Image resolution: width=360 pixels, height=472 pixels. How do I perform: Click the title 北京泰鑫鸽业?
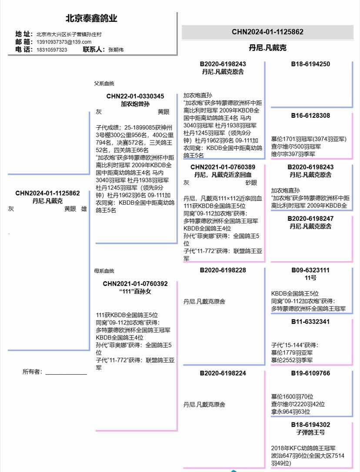(91, 19)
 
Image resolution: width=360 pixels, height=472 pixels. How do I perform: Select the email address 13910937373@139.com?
(64, 42)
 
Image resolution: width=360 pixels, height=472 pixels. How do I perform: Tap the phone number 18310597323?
(52, 50)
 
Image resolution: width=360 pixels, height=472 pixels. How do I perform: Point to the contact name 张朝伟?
(116, 50)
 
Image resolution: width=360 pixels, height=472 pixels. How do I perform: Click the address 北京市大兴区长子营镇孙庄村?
(69, 34)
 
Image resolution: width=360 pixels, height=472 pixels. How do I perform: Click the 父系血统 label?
(104, 83)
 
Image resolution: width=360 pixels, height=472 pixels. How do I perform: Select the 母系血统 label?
(104, 271)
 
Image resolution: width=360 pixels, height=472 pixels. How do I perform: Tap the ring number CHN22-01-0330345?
(135, 96)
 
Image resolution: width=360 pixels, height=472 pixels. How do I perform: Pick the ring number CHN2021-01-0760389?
(223, 167)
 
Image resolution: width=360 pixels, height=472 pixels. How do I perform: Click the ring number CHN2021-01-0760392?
(135, 284)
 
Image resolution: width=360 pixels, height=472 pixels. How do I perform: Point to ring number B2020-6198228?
(223, 270)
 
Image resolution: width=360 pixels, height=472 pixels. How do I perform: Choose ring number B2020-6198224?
(223, 373)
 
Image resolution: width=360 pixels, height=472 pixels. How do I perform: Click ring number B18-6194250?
(310, 64)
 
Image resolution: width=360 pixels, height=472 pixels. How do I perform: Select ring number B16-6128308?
(310, 116)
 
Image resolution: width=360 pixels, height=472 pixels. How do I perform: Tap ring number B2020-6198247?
(310, 218)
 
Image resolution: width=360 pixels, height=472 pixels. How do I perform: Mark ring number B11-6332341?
(310, 322)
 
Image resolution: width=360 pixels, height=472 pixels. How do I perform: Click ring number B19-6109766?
(310, 373)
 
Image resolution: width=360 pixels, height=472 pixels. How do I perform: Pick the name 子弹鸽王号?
(310, 432)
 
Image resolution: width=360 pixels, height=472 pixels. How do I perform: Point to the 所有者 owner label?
(32, 372)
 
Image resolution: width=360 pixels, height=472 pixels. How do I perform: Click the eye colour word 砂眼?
(251, 183)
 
